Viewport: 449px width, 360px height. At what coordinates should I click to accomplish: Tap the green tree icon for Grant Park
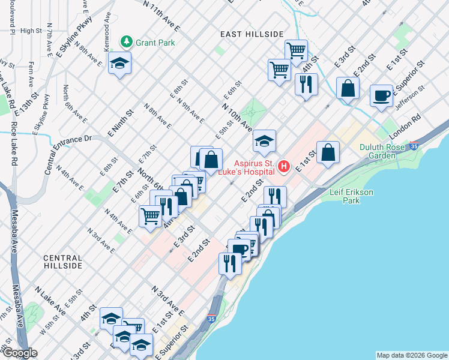click(x=127, y=41)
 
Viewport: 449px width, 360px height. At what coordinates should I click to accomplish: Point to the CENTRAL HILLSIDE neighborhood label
click(x=71, y=261)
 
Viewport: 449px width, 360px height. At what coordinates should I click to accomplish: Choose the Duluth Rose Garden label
click(x=386, y=151)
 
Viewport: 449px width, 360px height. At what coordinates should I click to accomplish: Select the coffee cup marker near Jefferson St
click(x=382, y=97)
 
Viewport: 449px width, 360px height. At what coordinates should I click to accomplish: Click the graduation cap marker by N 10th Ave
click(x=264, y=142)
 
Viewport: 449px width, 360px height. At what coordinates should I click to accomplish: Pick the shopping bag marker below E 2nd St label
click(x=348, y=89)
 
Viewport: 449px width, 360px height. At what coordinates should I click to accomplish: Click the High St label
click(x=30, y=31)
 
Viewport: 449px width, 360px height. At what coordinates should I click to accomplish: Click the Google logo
click(x=19, y=353)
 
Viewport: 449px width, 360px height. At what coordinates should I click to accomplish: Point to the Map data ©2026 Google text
click(x=411, y=355)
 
